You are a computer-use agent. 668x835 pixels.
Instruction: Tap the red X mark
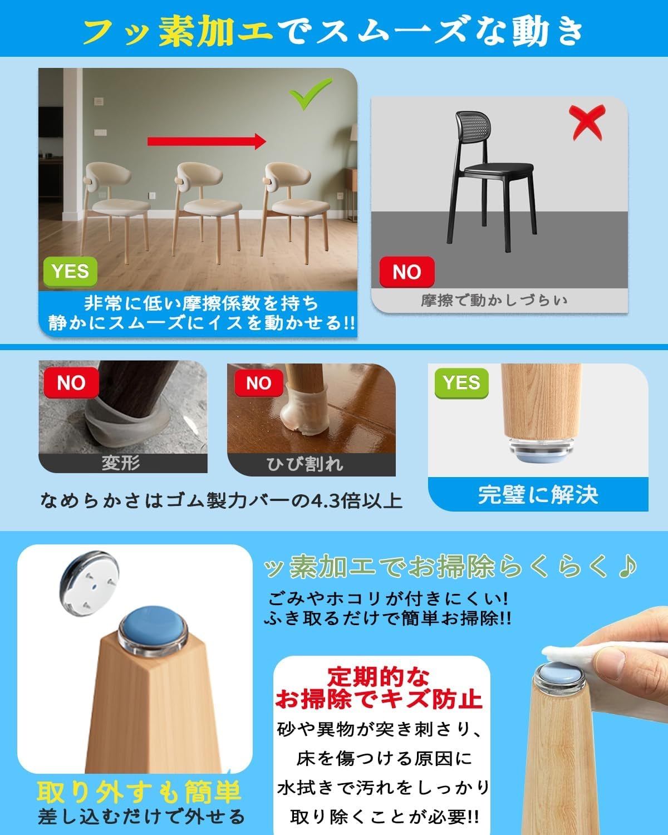(587, 122)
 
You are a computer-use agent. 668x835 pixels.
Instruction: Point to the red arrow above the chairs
(207, 141)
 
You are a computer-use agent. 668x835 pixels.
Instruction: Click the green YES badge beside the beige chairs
(70, 271)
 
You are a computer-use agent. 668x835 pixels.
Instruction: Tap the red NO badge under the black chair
(407, 272)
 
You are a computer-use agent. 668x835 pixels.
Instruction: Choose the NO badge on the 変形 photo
(71, 382)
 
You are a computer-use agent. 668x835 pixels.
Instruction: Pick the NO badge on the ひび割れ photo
(258, 383)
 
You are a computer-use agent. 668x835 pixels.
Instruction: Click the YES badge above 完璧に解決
(461, 383)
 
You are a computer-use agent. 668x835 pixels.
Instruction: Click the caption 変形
(121, 463)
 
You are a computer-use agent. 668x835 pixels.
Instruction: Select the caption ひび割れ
(304, 464)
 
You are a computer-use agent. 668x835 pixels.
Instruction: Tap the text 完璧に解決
(538, 495)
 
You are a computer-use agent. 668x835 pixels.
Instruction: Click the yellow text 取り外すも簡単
(139, 792)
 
